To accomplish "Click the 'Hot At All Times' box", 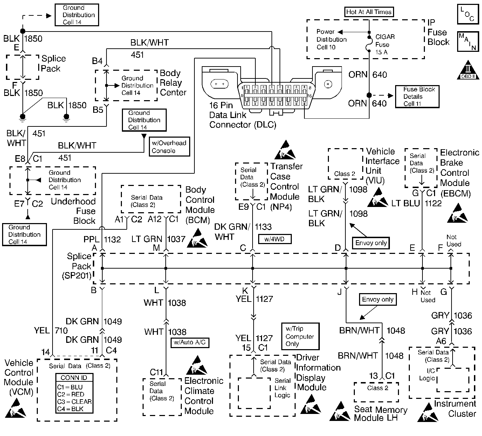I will (x=369, y=12).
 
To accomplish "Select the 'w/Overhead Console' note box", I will (x=169, y=147).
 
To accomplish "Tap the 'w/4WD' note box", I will (x=275, y=239).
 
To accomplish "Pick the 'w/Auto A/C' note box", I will (x=190, y=342).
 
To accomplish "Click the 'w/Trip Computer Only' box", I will (x=300, y=336).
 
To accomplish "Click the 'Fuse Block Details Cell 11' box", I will (x=417, y=96).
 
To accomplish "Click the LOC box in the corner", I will (x=468, y=14).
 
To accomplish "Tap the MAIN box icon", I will (x=468, y=42).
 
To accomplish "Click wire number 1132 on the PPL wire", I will (x=112, y=240).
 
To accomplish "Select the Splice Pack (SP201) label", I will (x=79, y=266).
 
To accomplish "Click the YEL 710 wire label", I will (x=51, y=331).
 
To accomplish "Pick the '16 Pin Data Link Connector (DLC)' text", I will (x=242, y=115).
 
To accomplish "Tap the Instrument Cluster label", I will (x=455, y=409).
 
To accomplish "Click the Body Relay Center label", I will (x=173, y=83).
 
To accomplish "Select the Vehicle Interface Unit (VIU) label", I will (x=382, y=166).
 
